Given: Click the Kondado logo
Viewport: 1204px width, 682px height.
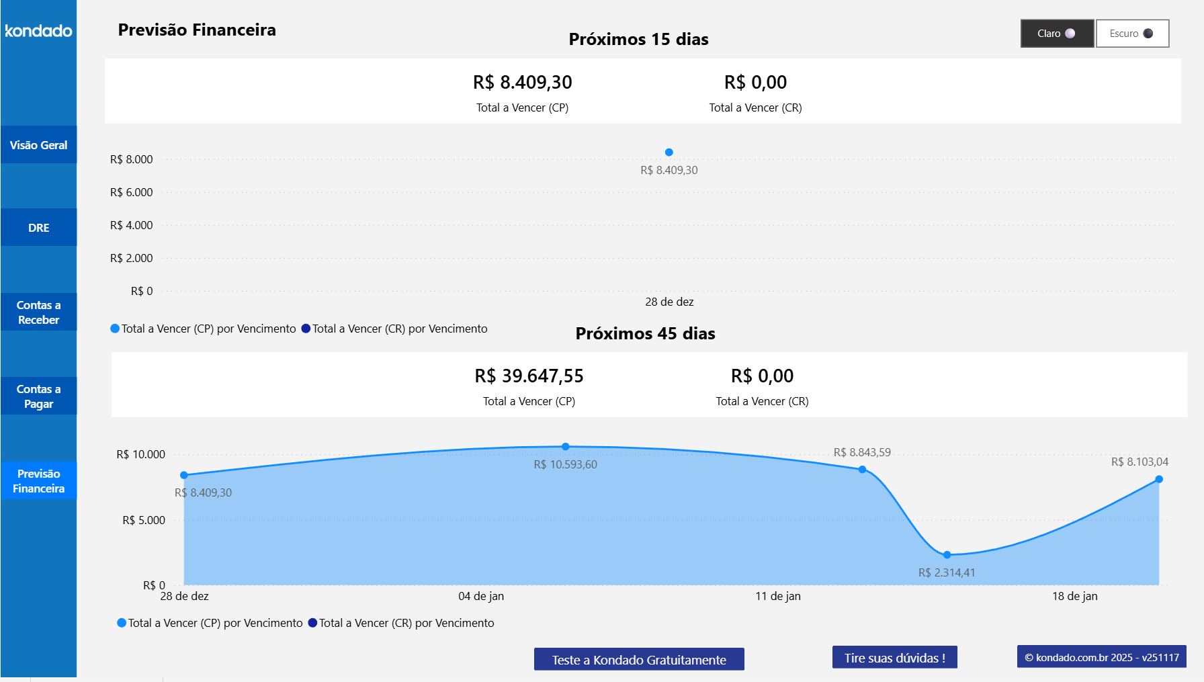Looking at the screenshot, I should pyautogui.click(x=38, y=31).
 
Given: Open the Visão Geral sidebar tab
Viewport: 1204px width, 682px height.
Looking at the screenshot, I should pyautogui.click(x=38, y=145).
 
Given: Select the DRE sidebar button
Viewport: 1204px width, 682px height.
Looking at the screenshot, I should pyautogui.click(x=38, y=228).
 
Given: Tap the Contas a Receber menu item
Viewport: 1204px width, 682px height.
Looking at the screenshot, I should pyautogui.click(x=38, y=312).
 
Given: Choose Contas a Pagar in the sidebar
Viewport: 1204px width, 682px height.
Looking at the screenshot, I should pyautogui.click(x=38, y=396).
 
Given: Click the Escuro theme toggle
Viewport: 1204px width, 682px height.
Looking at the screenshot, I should pyautogui.click(x=1132, y=34).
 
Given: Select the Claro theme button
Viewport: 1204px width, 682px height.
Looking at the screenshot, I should pyautogui.click(x=1057, y=34).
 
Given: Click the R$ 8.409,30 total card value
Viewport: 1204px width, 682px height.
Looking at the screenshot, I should pyautogui.click(x=522, y=83).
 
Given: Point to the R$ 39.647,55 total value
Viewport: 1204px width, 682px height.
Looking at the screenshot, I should pyautogui.click(x=529, y=376).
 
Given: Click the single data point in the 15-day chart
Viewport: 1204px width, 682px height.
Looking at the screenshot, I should pyautogui.click(x=669, y=153).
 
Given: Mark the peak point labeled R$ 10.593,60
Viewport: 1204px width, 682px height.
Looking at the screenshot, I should pyautogui.click(x=566, y=447).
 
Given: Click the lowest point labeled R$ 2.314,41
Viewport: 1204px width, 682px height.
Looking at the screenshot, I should pyautogui.click(x=947, y=555).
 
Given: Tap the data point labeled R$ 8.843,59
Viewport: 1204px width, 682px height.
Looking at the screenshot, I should pyautogui.click(x=862, y=470).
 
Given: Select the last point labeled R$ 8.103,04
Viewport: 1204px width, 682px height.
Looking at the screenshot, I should pyautogui.click(x=1159, y=479).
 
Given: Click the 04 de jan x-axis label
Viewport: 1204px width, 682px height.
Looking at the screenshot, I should pyautogui.click(x=481, y=596).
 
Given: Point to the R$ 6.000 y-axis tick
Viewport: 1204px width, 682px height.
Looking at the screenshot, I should pyautogui.click(x=132, y=192).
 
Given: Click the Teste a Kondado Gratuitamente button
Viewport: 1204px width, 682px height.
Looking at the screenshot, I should pyautogui.click(x=639, y=659).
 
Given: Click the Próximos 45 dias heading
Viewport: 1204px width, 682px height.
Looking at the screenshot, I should pyautogui.click(x=645, y=334).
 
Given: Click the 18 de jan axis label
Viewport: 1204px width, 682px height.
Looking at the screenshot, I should pyautogui.click(x=1074, y=596).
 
